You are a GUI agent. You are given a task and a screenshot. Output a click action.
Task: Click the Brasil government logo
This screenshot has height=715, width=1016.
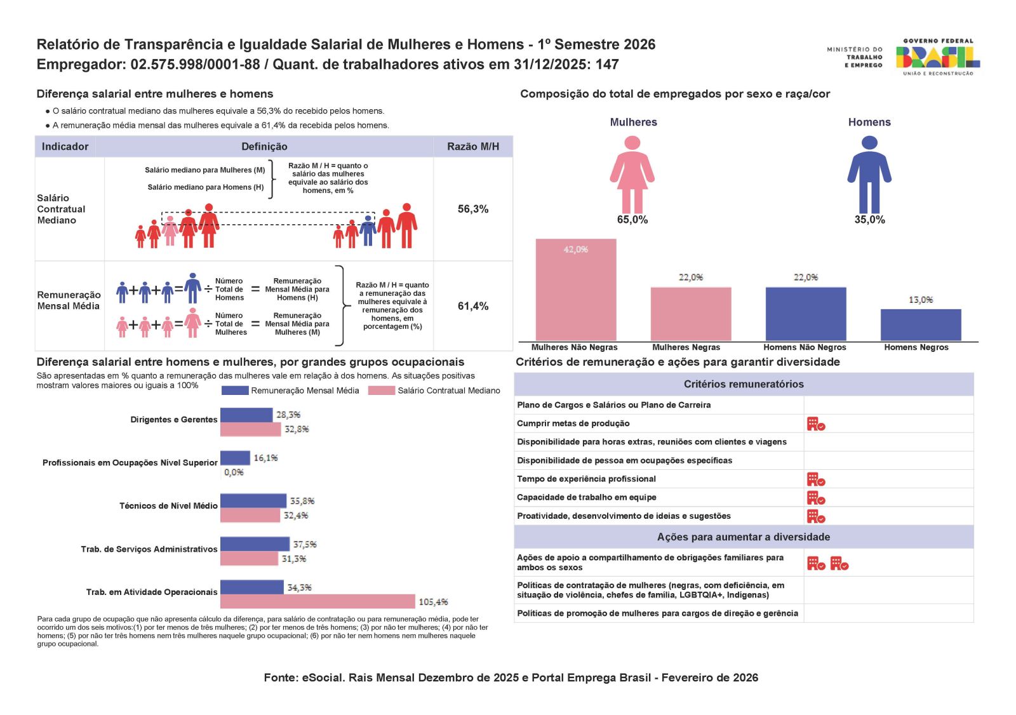[937, 57]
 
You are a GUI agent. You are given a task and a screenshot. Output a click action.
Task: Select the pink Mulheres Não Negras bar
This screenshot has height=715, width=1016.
[575, 290]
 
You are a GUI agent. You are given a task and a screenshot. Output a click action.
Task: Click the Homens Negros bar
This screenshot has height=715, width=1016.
[920, 324]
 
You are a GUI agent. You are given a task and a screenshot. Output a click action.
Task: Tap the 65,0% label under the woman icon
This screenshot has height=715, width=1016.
[632, 220]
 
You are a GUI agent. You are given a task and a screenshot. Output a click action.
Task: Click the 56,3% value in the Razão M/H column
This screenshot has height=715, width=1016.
[473, 209]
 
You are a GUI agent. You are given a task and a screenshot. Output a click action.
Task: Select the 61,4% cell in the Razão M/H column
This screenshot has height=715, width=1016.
[473, 306]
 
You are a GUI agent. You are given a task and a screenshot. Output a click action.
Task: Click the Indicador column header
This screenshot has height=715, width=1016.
[65, 147]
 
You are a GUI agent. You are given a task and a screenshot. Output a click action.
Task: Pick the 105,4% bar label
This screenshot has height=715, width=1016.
[433, 601]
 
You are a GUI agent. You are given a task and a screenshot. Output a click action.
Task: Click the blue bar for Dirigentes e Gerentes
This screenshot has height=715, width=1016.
[246, 415]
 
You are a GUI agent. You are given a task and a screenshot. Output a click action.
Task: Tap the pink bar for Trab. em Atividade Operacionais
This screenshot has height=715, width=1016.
[317, 601]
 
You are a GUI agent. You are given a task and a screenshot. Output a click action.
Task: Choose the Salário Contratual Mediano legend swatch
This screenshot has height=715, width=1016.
[382, 391]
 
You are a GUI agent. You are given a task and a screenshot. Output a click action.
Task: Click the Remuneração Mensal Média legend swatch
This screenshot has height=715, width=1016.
[235, 391]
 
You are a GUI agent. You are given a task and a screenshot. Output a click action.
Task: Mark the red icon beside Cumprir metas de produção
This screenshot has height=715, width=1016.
[815, 424]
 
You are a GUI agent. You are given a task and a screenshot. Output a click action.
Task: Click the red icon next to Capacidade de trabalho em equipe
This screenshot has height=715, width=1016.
[815, 497]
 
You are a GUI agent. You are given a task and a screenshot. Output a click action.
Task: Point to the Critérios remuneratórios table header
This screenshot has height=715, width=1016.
[744, 384]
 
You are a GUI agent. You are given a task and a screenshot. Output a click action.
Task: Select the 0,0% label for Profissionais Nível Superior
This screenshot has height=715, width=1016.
[234, 472]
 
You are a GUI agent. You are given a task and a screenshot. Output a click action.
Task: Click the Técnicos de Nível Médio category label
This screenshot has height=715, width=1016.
[168, 506]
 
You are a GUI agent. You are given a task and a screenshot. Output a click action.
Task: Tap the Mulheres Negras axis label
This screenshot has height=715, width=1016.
[686, 347]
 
